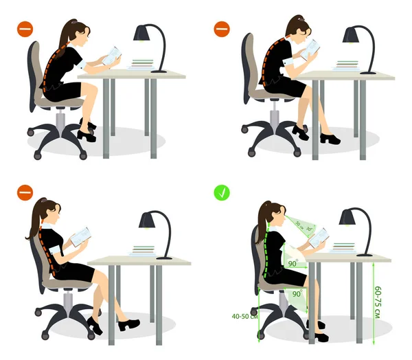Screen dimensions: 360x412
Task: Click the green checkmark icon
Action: click(x=221, y=193)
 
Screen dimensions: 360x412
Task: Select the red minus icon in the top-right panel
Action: click(x=221, y=30)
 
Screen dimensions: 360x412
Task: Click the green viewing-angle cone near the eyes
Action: click(x=297, y=225)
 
